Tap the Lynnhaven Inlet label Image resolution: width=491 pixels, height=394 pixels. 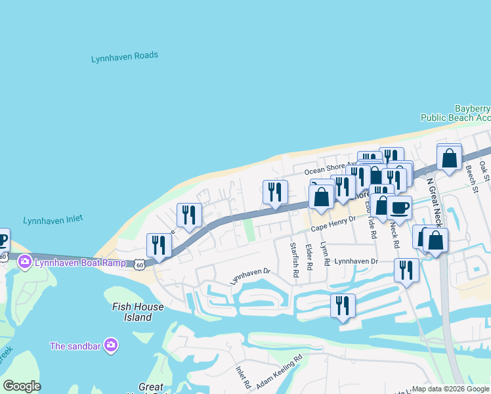(53, 219)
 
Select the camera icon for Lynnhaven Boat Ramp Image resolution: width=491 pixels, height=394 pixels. (26, 263)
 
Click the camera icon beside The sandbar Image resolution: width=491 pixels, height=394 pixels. (111, 345)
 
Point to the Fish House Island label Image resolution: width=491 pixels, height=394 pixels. (138, 312)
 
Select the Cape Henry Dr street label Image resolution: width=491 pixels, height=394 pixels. (333, 225)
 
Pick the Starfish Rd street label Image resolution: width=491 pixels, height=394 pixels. (295, 259)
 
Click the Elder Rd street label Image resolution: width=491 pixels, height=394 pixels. (309, 257)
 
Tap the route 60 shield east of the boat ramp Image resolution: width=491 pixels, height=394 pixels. (139, 265)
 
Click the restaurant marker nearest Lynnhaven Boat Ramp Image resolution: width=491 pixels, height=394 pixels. (159, 246)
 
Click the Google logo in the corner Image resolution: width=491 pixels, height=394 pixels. (22, 386)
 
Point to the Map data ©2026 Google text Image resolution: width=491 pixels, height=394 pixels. (450, 389)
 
